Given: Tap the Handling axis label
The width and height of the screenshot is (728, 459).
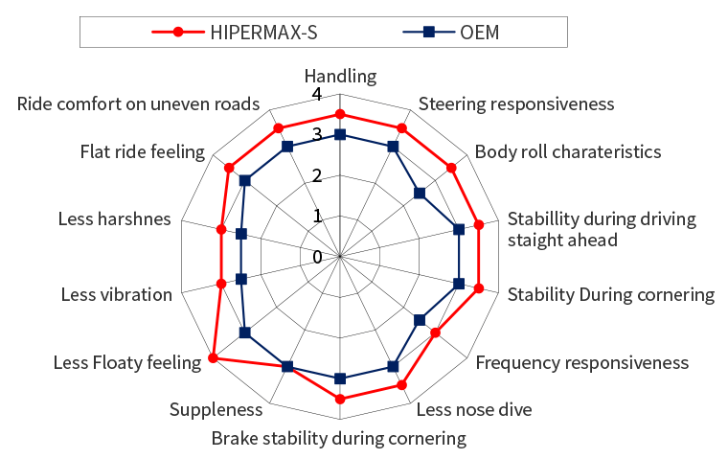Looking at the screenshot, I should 340,76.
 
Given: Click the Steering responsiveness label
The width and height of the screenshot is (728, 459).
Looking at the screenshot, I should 516,103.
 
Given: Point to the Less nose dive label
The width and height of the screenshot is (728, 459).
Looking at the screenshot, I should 473,410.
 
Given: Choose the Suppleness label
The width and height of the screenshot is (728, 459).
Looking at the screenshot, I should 216,410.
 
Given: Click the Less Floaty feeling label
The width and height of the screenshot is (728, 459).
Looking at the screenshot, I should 126,362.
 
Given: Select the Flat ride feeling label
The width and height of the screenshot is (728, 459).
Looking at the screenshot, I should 143,151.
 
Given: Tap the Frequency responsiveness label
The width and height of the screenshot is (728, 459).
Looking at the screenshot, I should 581,362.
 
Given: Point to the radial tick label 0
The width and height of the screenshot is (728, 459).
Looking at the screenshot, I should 316,257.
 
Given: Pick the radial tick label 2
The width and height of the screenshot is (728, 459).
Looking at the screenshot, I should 316,176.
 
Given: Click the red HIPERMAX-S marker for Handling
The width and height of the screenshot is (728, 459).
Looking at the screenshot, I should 340,115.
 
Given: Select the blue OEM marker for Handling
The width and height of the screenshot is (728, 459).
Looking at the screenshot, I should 340,136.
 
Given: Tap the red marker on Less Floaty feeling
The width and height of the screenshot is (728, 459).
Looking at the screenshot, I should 213,358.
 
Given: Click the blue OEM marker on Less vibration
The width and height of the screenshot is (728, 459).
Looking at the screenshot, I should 241,279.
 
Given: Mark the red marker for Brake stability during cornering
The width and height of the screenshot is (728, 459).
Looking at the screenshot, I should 340,399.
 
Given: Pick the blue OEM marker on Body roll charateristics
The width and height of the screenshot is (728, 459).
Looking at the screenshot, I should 420,194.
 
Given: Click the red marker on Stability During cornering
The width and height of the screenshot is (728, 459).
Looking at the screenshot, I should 478,286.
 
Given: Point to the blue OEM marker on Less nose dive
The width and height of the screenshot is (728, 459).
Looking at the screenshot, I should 393,365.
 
